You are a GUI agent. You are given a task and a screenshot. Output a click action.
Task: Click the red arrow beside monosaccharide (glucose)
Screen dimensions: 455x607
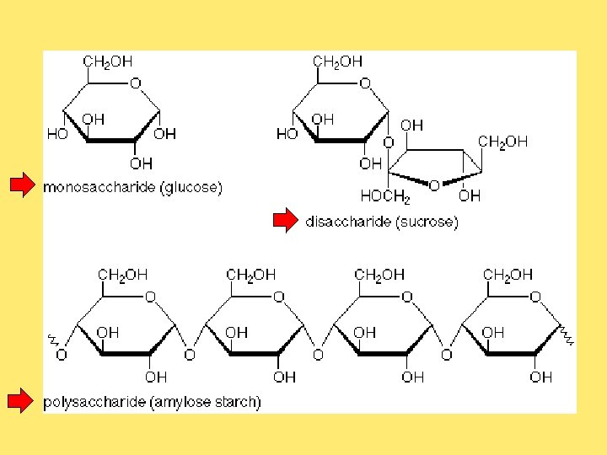pyautogui.click(x=22, y=186)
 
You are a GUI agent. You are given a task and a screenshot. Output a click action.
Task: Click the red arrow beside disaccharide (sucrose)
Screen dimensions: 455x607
pyautogui.click(x=285, y=222)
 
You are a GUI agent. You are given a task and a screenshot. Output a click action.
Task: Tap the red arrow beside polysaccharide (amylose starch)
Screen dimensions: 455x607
pyautogui.click(x=22, y=402)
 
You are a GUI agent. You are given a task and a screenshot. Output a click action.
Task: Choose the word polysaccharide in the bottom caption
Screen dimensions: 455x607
pyautogui.click(x=94, y=403)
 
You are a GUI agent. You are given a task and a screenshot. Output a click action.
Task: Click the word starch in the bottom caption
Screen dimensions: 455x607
pyautogui.click(x=239, y=403)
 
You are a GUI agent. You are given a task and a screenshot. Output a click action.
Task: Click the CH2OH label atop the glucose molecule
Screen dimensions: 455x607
pyautogui.click(x=107, y=62)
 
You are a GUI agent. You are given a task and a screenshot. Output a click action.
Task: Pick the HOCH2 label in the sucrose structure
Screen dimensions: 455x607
pyautogui.click(x=384, y=195)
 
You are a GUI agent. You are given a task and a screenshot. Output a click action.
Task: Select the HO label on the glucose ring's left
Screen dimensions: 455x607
pyautogui.click(x=57, y=134)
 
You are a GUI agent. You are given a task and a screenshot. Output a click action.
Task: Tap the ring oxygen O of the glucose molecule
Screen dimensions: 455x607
pyautogui.click(x=136, y=83)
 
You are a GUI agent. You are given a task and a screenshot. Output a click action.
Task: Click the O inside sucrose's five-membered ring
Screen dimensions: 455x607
pyautogui.click(x=433, y=185)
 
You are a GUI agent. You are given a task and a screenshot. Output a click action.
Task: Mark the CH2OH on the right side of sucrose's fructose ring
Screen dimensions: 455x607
pyautogui.click(x=502, y=142)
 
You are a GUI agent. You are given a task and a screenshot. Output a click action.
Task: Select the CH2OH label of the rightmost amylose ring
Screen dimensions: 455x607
pyautogui.click(x=508, y=275)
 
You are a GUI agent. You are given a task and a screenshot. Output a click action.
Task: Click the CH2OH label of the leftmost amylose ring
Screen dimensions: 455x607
pyautogui.click(x=123, y=275)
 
